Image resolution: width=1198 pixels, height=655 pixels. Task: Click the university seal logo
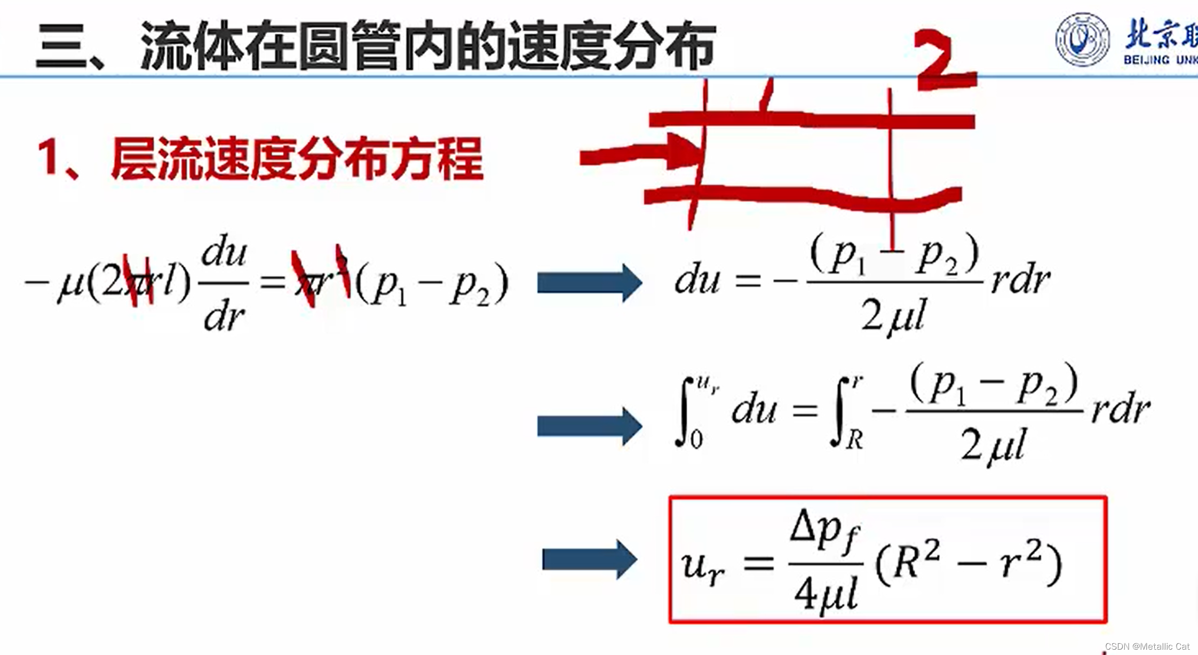pos(1082,39)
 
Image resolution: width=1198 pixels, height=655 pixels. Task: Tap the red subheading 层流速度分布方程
pos(297,158)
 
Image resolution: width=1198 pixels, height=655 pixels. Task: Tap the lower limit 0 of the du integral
pos(696,441)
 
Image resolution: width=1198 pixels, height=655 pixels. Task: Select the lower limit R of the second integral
pos(854,441)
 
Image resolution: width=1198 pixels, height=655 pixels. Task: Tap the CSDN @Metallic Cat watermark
pos(1147,646)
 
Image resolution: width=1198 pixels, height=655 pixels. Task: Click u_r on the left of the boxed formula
pos(702,566)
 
